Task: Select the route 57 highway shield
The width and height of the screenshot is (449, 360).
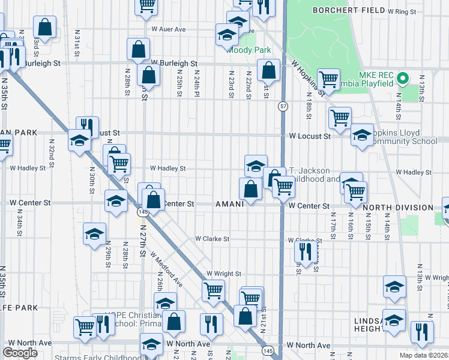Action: (x=282, y=106)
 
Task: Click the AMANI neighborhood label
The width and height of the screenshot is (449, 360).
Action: (x=229, y=204)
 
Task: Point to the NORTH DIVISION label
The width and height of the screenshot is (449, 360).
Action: (x=398, y=208)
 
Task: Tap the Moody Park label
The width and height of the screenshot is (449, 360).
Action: (x=249, y=50)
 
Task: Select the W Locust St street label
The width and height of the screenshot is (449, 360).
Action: (x=309, y=137)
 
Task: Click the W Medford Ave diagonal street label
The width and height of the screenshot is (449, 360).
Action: (x=166, y=268)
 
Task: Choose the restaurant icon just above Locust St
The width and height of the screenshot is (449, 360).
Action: (x=88, y=126)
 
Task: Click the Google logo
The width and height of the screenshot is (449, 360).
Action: (x=20, y=353)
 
